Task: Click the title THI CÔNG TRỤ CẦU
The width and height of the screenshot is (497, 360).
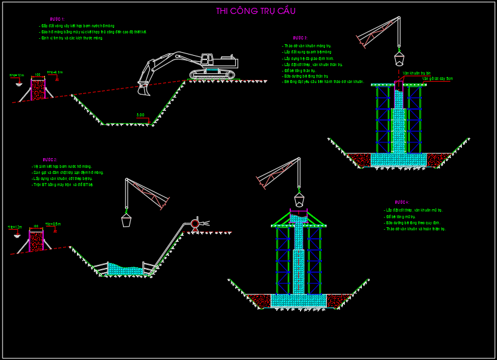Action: tap(255, 11)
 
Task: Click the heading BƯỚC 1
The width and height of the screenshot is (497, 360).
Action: tap(56, 19)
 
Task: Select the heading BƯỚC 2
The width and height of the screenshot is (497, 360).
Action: tap(50, 159)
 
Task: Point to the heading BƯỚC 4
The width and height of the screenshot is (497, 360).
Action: tap(402, 202)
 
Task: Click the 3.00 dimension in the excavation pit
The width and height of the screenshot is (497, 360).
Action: tap(140, 115)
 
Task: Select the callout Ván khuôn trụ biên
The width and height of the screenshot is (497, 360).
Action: tap(416, 73)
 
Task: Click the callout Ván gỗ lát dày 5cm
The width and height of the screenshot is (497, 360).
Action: tap(437, 78)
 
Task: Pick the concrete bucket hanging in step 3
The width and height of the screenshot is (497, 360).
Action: tap(399, 58)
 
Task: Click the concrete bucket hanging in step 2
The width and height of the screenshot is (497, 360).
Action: tap(126, 220)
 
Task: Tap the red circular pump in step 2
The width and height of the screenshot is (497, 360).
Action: tap(195, 224)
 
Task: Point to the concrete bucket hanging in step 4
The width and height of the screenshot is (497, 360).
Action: tap(299, 199)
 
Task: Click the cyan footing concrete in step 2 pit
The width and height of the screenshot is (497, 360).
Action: tap(125, 270)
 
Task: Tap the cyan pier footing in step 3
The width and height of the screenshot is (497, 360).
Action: tap(398, 159)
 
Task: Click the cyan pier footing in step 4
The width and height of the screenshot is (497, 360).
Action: tap(298, 300)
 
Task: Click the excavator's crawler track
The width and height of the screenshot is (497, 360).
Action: tap(212, 75)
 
